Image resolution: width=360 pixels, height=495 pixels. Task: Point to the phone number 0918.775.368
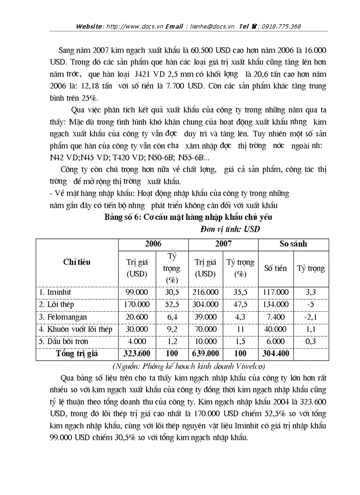coord(281,26)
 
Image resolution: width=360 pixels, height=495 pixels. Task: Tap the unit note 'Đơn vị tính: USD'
coord(230,229)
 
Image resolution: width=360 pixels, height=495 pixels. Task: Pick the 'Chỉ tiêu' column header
coord(77,262)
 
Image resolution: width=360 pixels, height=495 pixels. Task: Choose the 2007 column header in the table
coord(223,244)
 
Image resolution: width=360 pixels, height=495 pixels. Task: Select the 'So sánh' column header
coord(293,244)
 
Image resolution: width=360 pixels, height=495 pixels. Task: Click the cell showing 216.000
coord(206,292)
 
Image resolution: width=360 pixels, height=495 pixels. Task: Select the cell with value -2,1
coord(311,317)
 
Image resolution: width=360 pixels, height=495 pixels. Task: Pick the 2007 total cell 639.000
coord(206,354)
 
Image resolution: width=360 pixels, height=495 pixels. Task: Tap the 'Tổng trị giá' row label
coord(77,354)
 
